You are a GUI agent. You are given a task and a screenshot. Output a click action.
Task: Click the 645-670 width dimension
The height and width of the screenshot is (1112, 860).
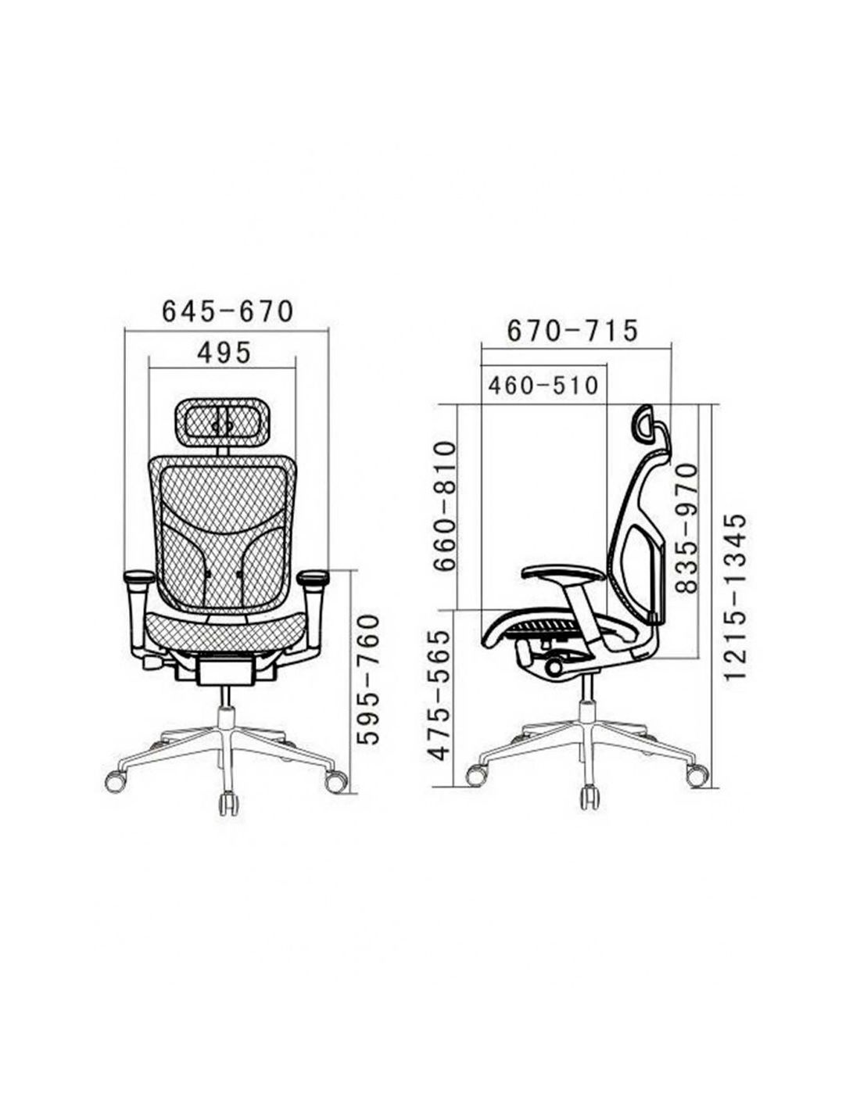tap(228, 312)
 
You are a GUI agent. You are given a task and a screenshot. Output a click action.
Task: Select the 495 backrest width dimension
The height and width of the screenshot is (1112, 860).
tap(224, 353)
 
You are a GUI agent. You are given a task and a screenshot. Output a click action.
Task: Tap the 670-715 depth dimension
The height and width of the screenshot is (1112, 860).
tap(572, 331)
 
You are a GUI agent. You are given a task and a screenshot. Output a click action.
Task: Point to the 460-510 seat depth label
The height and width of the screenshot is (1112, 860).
tap(543, 386)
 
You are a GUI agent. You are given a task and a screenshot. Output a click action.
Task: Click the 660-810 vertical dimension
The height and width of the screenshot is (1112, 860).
tap(444, 507)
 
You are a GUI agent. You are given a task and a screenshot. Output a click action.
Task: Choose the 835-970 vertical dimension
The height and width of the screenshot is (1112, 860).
tap(686, 528)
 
